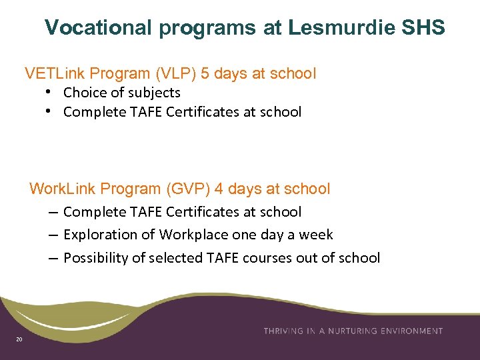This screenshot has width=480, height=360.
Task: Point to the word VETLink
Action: coord(55,73)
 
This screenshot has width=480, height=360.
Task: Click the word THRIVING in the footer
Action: coord(285,331)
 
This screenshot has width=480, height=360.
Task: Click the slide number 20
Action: coord(19,341)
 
